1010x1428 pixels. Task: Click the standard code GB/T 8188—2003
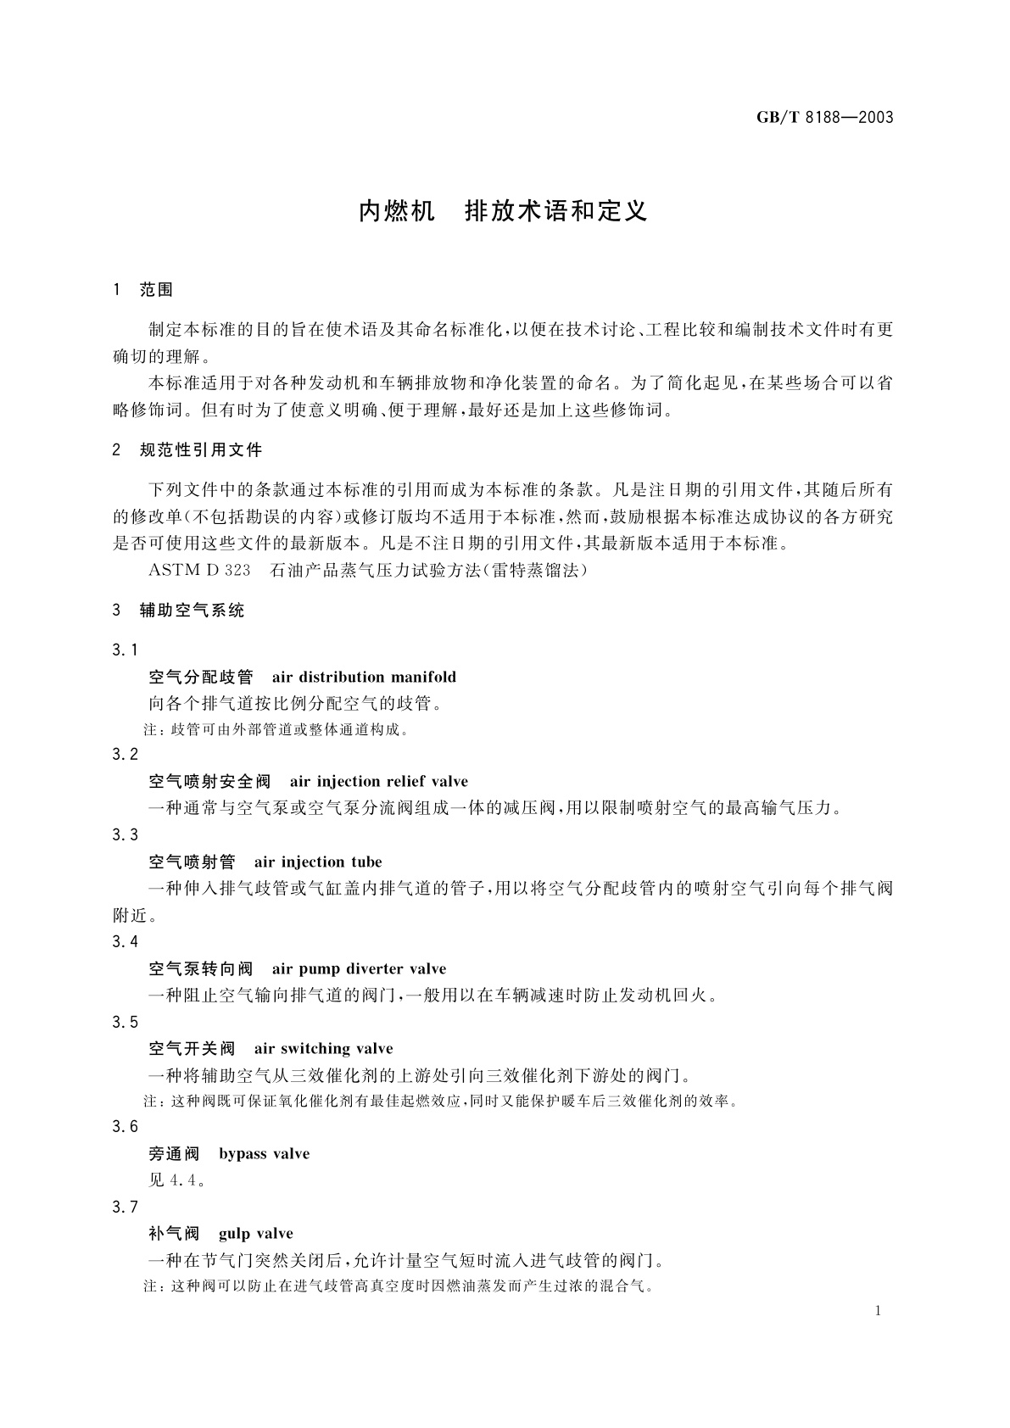(x=824, y=117)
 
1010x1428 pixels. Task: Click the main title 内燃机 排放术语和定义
(x=503, y=210)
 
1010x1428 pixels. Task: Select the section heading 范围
(x=156, y=290)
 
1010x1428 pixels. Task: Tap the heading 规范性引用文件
(x=201, y=450)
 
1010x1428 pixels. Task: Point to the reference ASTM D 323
(x=199, y=570)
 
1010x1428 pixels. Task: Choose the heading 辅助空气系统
(x=192, y=611)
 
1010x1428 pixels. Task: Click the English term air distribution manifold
(x=364, y=677)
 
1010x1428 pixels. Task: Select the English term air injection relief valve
(x=378, y=782)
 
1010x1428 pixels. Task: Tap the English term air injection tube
(x=318, y=862)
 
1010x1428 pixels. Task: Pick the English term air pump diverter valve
(x=359, y=969)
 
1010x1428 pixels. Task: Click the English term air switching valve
(x=323, y=1049)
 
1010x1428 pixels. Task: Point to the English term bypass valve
(x=264, y=1154)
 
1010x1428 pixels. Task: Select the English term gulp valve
(x=255, y=1234)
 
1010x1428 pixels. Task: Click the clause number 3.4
(x=125, y=941)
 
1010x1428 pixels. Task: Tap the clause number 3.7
(x=125, y=1208)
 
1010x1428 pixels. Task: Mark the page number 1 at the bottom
(x=878, y=1311)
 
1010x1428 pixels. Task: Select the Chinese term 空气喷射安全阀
(x=209, y=782)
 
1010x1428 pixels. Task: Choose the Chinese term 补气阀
(x=174, y=1234)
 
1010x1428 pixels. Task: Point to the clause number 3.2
(x=125, y=755)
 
